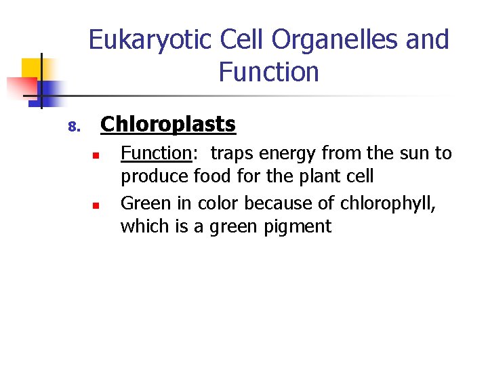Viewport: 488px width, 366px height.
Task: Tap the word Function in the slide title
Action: tap(268, 72)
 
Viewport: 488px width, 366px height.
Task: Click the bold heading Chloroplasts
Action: tap(167, 125)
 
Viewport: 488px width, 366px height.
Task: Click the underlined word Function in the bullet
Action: tap(156, 154)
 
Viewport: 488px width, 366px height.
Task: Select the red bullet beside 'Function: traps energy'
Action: tap(96, 156)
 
